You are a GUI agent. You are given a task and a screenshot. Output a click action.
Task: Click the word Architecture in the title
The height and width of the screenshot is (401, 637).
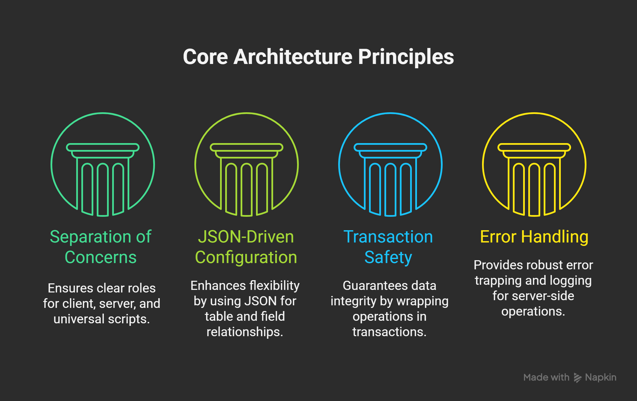(293, 57)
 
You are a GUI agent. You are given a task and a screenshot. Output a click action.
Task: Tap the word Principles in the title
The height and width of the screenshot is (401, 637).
(406, 57)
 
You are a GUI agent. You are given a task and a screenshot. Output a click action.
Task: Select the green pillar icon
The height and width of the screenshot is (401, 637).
(103, 165)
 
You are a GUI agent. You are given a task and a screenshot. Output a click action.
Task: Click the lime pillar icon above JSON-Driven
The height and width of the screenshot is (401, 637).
(247, 165)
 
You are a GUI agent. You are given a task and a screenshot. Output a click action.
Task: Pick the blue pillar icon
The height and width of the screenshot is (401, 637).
(390, 165)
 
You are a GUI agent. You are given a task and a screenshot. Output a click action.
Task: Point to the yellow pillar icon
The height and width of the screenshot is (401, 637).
(534, 165)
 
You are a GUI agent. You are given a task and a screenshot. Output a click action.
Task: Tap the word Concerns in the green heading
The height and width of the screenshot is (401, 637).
(100, 257)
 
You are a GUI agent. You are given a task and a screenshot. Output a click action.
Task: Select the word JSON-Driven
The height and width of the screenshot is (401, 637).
(246, 237)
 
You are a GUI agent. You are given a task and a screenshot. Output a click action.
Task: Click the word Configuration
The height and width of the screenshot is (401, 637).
(246, 258)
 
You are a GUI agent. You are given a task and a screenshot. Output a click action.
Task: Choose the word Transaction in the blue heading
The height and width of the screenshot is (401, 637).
(388, 237)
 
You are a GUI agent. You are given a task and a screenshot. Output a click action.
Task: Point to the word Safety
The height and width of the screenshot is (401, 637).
(388, 258)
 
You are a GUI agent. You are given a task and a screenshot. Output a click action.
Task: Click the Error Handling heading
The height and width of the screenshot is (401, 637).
(534, 237)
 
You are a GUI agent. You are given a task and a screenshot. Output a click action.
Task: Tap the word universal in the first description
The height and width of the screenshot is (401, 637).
(79, 319)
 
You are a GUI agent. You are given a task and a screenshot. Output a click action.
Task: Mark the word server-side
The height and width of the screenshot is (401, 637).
(543, 296)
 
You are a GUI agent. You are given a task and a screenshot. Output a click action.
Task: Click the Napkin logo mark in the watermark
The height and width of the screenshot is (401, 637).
(577, 378)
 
